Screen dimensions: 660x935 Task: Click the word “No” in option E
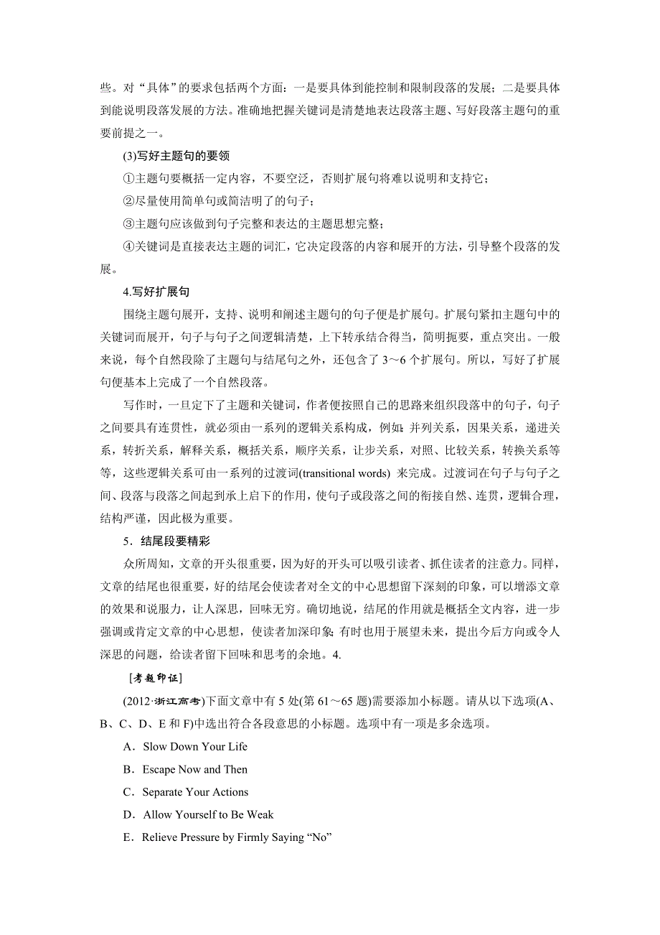(x=318, y=837)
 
